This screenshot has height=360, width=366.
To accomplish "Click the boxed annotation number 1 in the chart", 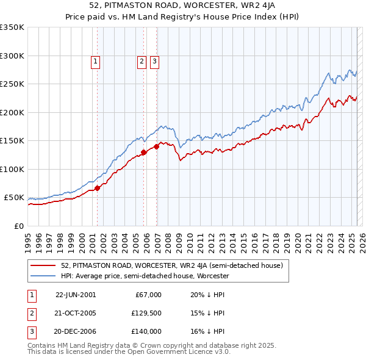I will [96, 61].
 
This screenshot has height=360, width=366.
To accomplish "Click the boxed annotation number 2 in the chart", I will [141, 61].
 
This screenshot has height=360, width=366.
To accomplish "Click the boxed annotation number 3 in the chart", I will [154, 61].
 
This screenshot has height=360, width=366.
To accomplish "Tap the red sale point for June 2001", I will [97, 188].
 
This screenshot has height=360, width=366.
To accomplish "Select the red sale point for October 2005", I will [144, 153].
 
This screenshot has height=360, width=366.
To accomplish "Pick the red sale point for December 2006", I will [157, 146].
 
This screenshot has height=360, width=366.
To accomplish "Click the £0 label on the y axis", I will [20, 226].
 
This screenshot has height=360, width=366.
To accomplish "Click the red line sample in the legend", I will [43, 266].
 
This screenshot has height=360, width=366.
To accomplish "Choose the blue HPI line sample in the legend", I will [43, 276].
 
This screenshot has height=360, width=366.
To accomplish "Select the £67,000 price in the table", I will [148, 295].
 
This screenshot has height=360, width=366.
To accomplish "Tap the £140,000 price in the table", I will [146, 331].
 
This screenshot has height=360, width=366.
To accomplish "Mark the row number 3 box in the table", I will [31, 331].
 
